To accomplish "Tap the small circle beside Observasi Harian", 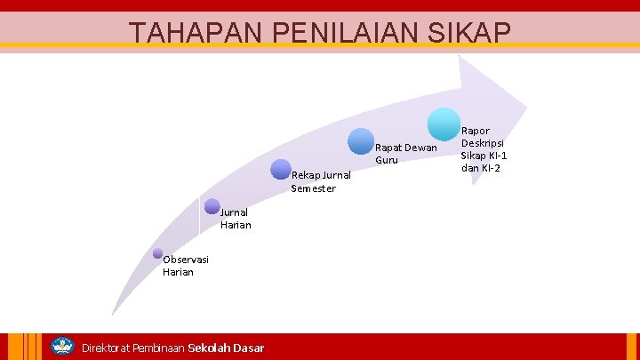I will click(157, 253).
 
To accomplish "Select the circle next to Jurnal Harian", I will click(212, 206).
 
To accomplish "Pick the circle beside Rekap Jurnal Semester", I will click(281, 170).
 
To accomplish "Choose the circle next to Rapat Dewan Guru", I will click(361, 141).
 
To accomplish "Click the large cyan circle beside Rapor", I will click(444, 124).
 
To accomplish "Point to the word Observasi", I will click(186, 260).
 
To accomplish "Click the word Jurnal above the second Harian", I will click(235, 212).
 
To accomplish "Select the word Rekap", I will click(306, 175).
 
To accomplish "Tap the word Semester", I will click(314, 188).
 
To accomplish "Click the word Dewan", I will click(420, 148).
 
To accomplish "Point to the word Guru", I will click(387, 160).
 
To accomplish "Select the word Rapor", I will click(476, 131).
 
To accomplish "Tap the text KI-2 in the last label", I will click(491, 168).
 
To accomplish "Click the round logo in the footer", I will click(62, 346).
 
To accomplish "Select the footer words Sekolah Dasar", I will click(226, 348).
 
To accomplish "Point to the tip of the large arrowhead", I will click(527, 100).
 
